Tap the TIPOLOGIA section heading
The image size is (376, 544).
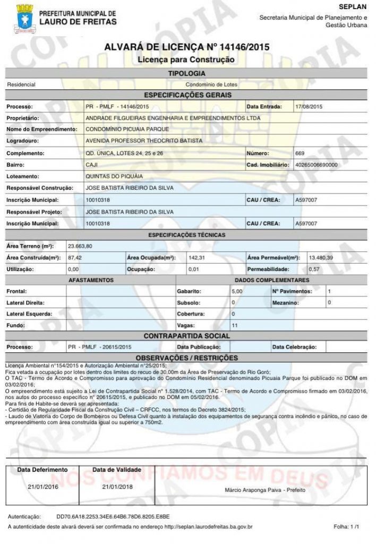186,73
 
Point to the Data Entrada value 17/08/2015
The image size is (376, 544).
309,107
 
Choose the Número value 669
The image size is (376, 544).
300,153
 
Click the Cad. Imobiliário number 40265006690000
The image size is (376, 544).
317,165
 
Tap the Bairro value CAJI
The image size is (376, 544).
91,165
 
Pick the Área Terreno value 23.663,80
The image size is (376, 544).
80,246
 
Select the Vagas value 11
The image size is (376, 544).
235,325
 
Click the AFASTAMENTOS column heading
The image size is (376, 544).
91,280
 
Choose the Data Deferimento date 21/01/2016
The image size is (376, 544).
42,487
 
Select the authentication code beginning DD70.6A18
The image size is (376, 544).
113,516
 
